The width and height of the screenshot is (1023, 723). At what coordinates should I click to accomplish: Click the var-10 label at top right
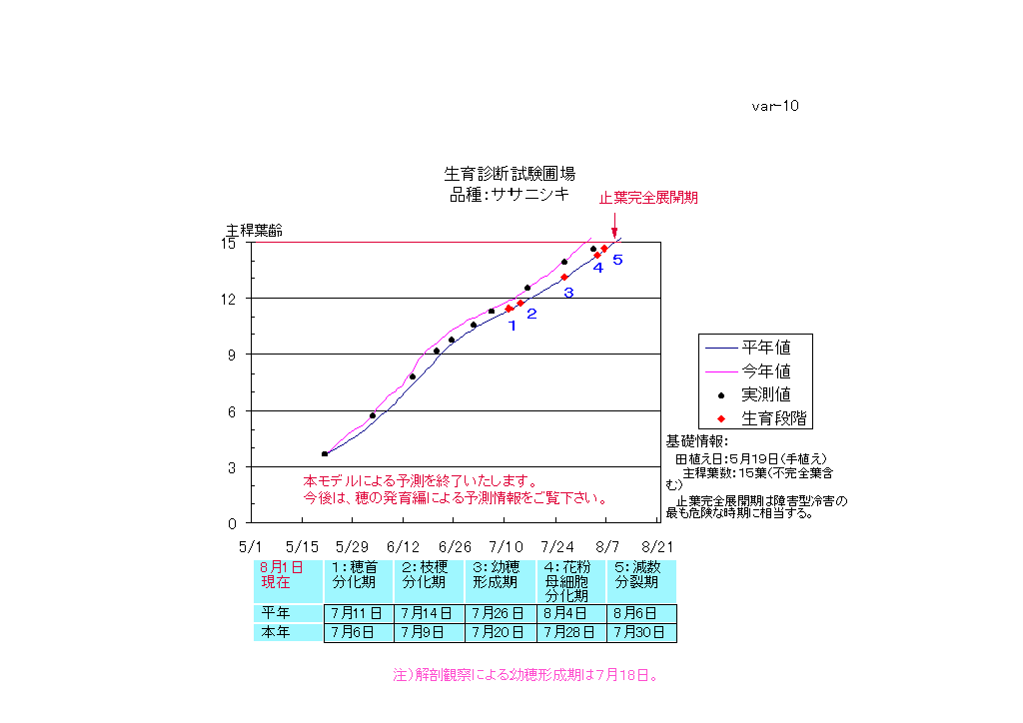pos(775,106)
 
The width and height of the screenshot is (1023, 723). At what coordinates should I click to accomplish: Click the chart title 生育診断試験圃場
pos(510,174)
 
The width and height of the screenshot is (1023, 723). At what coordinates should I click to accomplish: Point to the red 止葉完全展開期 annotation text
pos(648,198)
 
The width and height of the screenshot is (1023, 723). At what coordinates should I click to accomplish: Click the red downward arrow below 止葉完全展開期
pos(614,228)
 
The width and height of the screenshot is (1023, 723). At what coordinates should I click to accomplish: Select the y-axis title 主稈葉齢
pos(254,230)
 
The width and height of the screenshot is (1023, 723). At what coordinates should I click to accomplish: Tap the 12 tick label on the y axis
pos(229,299)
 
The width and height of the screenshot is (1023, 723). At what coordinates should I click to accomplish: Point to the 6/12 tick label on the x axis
pos(403,547)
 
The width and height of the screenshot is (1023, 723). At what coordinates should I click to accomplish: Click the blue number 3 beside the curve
pos(568,293)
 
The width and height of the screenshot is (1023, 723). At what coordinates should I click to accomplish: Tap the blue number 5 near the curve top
pos(617,260)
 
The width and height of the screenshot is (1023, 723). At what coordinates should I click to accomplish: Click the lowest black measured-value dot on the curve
pos(325,453)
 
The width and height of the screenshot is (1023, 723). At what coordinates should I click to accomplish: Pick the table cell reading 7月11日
pos(360,613)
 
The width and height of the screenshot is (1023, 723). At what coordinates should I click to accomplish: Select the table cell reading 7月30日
pos(641,633)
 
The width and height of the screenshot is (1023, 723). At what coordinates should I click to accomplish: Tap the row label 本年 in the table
pos(276,633)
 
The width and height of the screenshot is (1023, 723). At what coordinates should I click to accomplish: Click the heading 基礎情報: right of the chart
pos(698,441)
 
